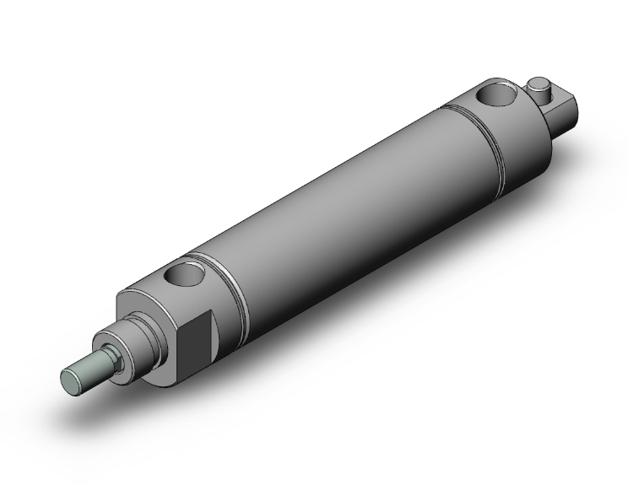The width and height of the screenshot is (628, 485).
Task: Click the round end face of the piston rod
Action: pos(74,377)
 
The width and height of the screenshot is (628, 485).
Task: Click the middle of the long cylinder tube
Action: pos(338,202)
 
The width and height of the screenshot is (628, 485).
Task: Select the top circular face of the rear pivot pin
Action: pos(538,83)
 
